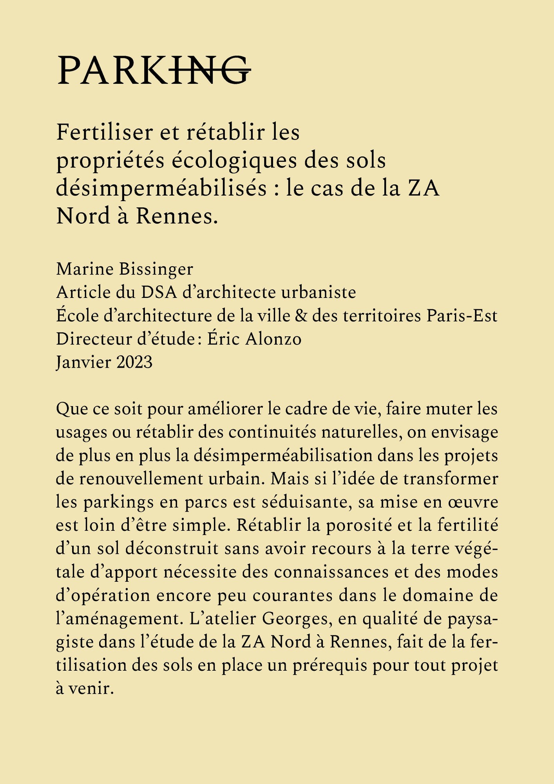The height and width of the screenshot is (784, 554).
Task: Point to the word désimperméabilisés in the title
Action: click(161, 189)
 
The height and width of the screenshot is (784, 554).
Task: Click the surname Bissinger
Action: click(156, 269)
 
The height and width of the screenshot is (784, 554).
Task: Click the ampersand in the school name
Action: click(301, 316)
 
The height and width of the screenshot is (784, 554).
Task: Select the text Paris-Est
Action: click(462, 316)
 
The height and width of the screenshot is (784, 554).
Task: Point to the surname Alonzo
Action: click(273, 339)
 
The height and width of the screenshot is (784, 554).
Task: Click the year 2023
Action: click(134, 362)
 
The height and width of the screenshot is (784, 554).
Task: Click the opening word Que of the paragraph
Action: click(71, 409)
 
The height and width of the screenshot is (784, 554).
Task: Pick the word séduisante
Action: click(306, 503)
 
